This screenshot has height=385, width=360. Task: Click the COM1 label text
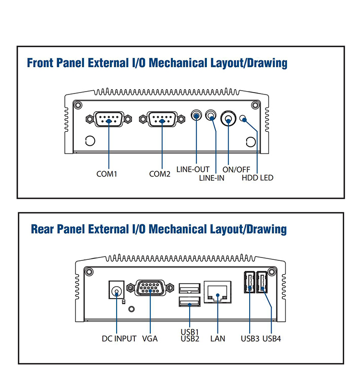[107, 174]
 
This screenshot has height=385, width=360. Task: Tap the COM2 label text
[160, 174]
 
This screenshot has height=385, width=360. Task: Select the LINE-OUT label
[193, 169]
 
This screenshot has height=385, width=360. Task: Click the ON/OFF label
[236, 169]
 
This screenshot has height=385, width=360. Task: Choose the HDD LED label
[257, 178]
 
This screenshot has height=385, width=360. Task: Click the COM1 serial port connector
[108, 118]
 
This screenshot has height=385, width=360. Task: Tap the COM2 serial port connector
[161, 118]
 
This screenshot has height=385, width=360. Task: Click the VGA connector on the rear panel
[149, 289]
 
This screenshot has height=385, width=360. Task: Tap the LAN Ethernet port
[218, 291]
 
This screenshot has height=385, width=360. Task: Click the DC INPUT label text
[119, 338]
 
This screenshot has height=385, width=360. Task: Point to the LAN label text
[217, 338]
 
